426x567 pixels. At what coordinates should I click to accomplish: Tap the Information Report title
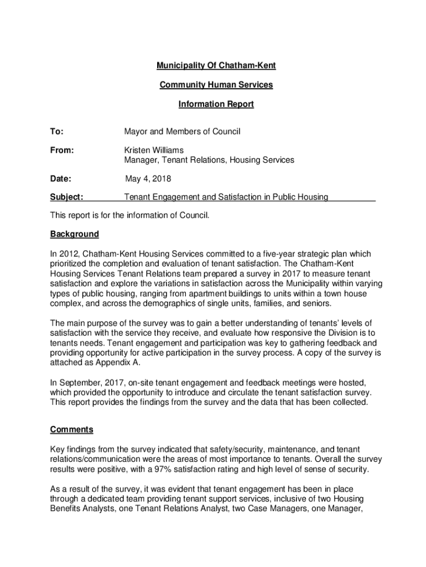(216, 104)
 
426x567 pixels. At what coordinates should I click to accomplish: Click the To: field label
(56, 132)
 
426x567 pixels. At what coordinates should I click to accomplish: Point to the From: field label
(61, 150)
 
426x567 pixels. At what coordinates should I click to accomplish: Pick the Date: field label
(61, 178)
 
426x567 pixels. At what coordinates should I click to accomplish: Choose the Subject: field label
(66, 197)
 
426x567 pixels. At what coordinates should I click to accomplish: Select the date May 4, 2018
(148, 178)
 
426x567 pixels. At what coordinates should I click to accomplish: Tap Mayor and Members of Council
(182, 132)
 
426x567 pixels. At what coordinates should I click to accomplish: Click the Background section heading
(74, 234)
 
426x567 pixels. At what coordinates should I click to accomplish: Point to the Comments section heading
(71, 430)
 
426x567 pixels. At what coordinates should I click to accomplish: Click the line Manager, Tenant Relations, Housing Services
(209, 160)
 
